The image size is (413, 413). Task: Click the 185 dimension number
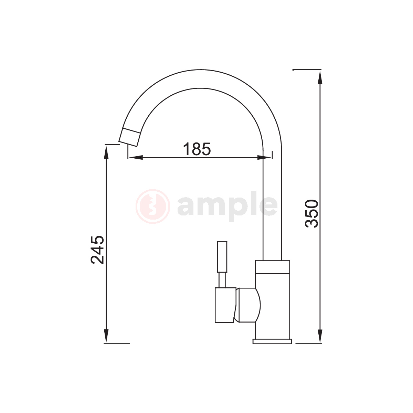tap(197, 149)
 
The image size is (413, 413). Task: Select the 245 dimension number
tap(97, 250)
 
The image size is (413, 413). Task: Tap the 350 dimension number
tap(311, 213)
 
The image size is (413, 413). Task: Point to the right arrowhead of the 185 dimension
tap(264, 158)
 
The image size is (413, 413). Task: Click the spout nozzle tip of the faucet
tap(130, 137)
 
